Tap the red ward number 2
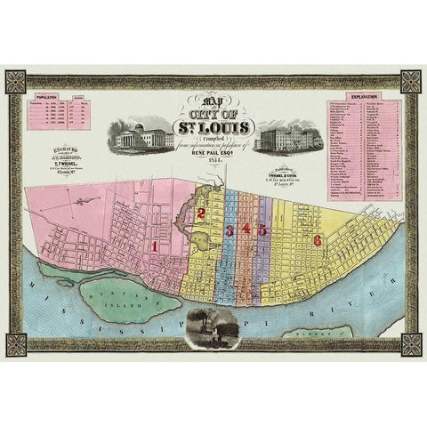coord(202,213)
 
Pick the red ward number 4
coord(246,230)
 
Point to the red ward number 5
coord(262,230)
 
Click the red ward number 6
coord(316,239)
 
